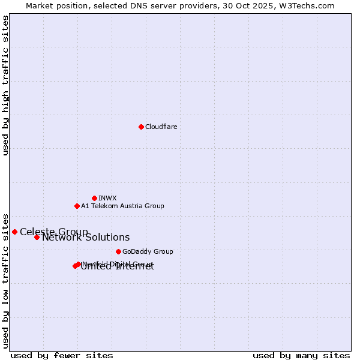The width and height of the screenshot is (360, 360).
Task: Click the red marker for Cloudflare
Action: [141, 127]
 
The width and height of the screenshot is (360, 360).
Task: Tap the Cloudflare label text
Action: [161, 127]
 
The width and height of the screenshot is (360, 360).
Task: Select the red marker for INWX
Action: [94, 198]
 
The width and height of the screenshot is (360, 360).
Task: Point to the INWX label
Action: [107, 198]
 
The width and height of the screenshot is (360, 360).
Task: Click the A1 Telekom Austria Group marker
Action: [77, 206]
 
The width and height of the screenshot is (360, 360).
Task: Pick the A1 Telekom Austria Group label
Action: [122, 206]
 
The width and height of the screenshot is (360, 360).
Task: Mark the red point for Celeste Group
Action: [14, 232]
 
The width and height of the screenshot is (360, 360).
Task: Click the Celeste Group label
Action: [53, 232]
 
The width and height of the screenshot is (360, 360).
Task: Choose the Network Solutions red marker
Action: [37, 237]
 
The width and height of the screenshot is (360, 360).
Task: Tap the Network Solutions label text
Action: [86, 238]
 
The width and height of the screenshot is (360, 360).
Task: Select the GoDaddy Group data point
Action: [118, 251]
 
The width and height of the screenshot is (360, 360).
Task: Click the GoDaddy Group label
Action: [148, 251]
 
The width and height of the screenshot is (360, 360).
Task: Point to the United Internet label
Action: [118, 267]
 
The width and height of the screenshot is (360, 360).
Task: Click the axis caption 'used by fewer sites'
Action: [62, 355]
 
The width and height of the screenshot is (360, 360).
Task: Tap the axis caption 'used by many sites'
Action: [301, 355]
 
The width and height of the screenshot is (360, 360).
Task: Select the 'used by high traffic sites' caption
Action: [5, 85]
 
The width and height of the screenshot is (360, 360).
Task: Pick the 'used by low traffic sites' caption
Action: [5, 280]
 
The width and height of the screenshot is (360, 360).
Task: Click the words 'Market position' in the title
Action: [55, 5]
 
